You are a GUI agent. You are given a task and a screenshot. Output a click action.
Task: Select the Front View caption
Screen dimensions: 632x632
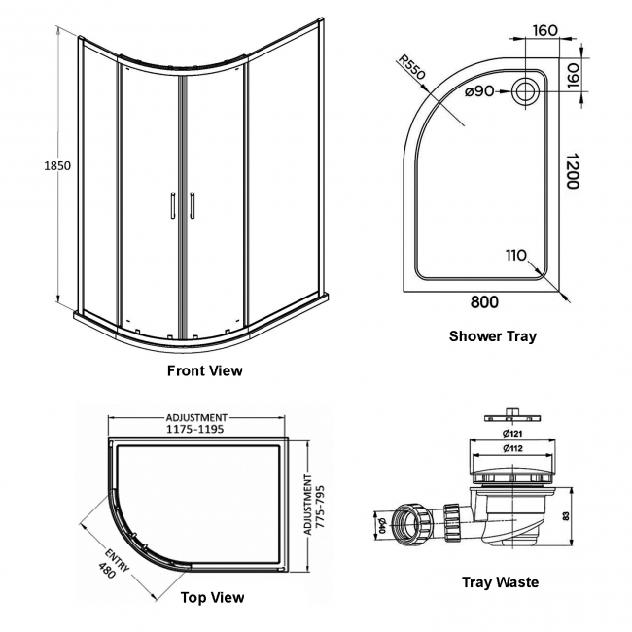205,370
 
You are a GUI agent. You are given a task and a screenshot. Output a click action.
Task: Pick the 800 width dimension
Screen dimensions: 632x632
484,302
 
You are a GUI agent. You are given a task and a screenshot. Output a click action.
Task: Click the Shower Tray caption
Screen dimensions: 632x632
492,336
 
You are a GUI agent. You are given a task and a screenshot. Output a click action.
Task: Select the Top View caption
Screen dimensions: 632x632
213,597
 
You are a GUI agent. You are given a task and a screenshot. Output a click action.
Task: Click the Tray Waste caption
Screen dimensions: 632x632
500,582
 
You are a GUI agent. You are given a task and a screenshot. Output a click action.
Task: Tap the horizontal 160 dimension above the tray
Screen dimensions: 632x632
545,30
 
